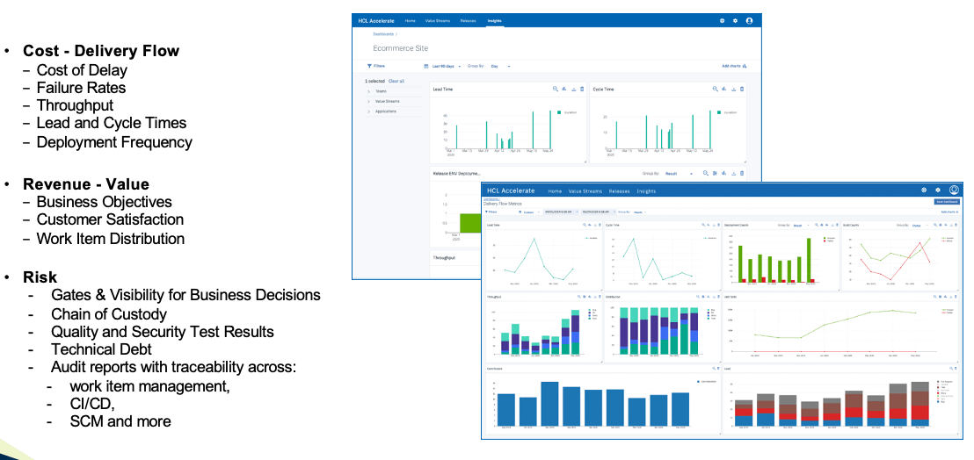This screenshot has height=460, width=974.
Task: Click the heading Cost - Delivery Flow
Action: click(x=101, y=51)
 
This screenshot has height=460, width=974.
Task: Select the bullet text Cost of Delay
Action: click(x=82, y=70)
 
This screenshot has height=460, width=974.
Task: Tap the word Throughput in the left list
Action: click(x=76, y=105)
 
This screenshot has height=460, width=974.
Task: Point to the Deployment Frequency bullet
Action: click(x=114, y=142)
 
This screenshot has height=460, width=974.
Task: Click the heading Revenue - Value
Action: click(x=86, y=184)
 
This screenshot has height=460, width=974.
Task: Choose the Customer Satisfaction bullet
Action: click(x=110, y=219)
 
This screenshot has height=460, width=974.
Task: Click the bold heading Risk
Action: click(x=40, y=277)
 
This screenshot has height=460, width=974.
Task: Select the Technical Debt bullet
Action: click(x=102, y=349)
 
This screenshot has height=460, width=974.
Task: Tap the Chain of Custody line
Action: click(x=109, y=313)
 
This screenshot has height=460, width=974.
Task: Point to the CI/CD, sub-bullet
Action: click(x=92, y=404)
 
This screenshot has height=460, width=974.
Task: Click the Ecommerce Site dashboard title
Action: click(x=401, y=48)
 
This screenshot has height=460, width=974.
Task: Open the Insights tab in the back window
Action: click(x=494, y=20)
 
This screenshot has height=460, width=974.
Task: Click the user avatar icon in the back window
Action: click(x=749, y=20)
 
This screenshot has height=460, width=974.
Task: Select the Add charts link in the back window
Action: click(x=733, y=66)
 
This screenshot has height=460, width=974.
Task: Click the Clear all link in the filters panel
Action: click(x=396, y=81)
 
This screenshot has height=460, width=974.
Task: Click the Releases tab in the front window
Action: click(x=619, y=190)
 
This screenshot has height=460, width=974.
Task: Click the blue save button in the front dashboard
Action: click(x=946, y=201)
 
